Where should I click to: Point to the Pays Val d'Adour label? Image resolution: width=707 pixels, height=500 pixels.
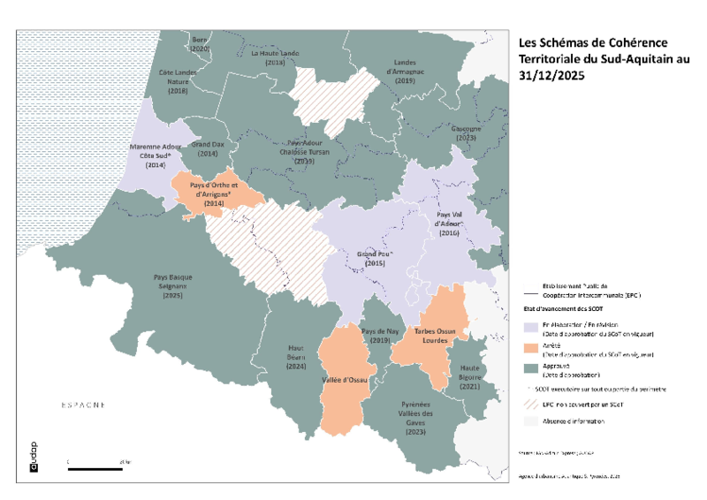tap(448, 223)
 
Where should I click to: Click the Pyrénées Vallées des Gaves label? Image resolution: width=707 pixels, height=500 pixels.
tap(414, 419)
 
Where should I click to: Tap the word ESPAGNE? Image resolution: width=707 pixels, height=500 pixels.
tap(83, 405)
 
